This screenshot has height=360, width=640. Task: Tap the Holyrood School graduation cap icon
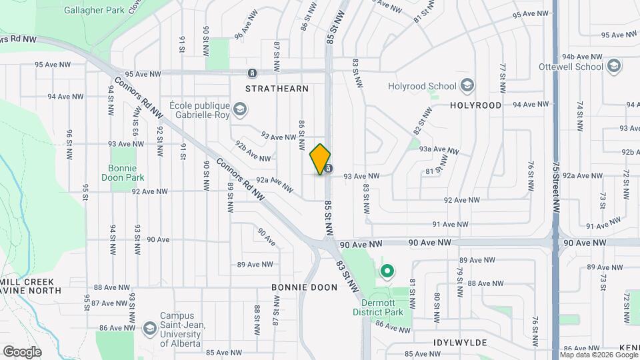coord(467,85)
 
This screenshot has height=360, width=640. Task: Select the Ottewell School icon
coord(614,66)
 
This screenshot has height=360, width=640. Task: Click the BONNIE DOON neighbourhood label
coord(304,287)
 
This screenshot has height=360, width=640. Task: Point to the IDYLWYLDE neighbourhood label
coord(460,343)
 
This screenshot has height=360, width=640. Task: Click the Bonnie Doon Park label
coord(126,173)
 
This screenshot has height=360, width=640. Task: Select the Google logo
coord(22,351)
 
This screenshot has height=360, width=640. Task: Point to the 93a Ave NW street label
coord(438,150)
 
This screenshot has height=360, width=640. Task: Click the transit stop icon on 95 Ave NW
coord(252,73)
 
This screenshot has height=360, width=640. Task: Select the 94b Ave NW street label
coord(581,57)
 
